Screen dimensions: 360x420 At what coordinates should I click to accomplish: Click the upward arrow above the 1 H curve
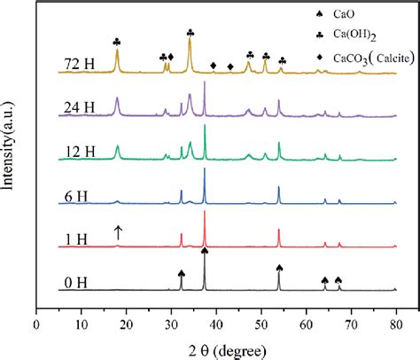pyautogui.click(x=117, y=232)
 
